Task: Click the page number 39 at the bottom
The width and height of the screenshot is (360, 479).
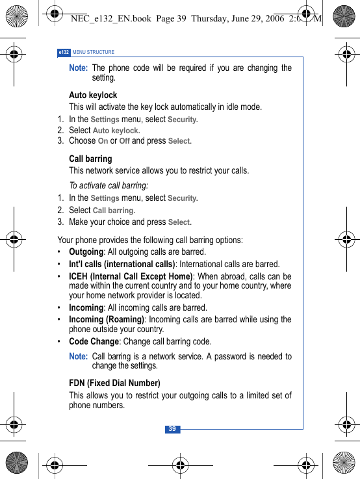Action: [x=172, y=429]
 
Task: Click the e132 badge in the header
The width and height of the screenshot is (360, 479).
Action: [x=64, y=52]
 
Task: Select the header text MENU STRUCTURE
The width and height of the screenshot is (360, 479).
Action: [x=94, y=52]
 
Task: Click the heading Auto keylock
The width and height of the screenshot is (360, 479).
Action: [x=93, y=95]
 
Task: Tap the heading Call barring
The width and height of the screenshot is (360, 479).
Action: [x=90, y=159]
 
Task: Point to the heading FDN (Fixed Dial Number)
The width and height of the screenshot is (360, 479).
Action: [x=114, y=383]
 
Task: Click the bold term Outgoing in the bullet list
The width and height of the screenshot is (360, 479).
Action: [x=86, y=252]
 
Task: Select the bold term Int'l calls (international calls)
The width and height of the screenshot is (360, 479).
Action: [x=122, y=264]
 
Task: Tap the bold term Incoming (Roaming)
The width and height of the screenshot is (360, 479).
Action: [x=107, y=319]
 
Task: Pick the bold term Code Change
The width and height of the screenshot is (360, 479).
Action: [x=94, y=341]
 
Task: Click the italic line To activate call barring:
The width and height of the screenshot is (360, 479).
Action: [x=109, y=185]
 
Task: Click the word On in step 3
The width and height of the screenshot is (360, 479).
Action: [x=103, y=141]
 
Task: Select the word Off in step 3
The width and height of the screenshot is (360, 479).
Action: [x=125, y=141]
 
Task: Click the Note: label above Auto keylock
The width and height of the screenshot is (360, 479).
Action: [x=78, y=68]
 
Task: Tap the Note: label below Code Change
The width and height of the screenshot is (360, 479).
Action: [x=78, y=356]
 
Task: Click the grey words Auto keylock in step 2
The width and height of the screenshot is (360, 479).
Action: [x=116, y=131]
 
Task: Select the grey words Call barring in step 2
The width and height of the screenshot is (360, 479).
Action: [x=114, y=211]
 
